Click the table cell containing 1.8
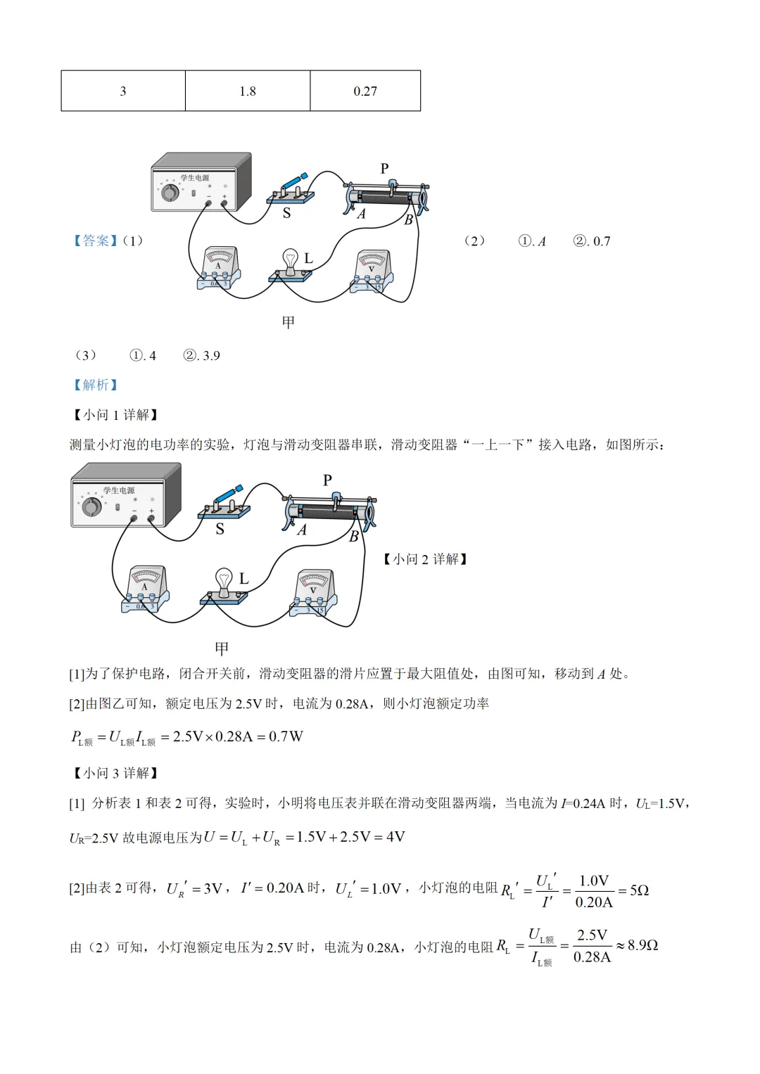[x=248, y=91]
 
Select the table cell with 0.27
[x=365, y=91]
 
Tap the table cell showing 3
[x=123, y=91]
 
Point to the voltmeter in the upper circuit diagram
[x=372, y=271]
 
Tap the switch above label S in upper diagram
[x=291, y=189]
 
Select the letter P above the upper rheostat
[x=384, y=169]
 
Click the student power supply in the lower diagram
[x=125, y=495]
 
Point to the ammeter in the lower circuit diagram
[x=146, y=588]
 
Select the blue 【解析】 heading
[x=96, y=385]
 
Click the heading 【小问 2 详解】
[x=425, y=559]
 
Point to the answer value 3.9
[x=211, y=356]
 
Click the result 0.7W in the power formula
[x=286, y=736]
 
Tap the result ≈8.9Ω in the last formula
[x=638, y=945]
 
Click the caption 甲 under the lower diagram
[x=222, y=648]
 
